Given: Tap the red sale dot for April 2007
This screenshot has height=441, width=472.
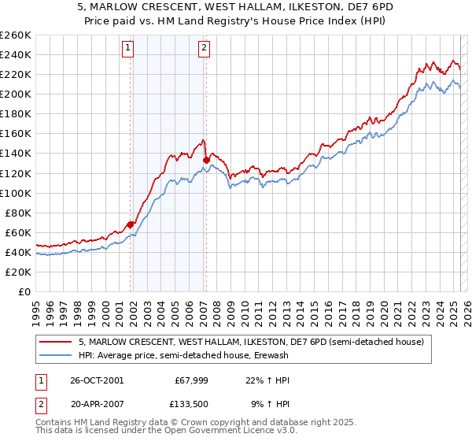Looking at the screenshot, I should [206, 160].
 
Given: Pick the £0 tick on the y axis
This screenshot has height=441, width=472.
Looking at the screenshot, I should [24, 291].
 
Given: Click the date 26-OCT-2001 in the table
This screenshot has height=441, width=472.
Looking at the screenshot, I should [98, 380].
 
